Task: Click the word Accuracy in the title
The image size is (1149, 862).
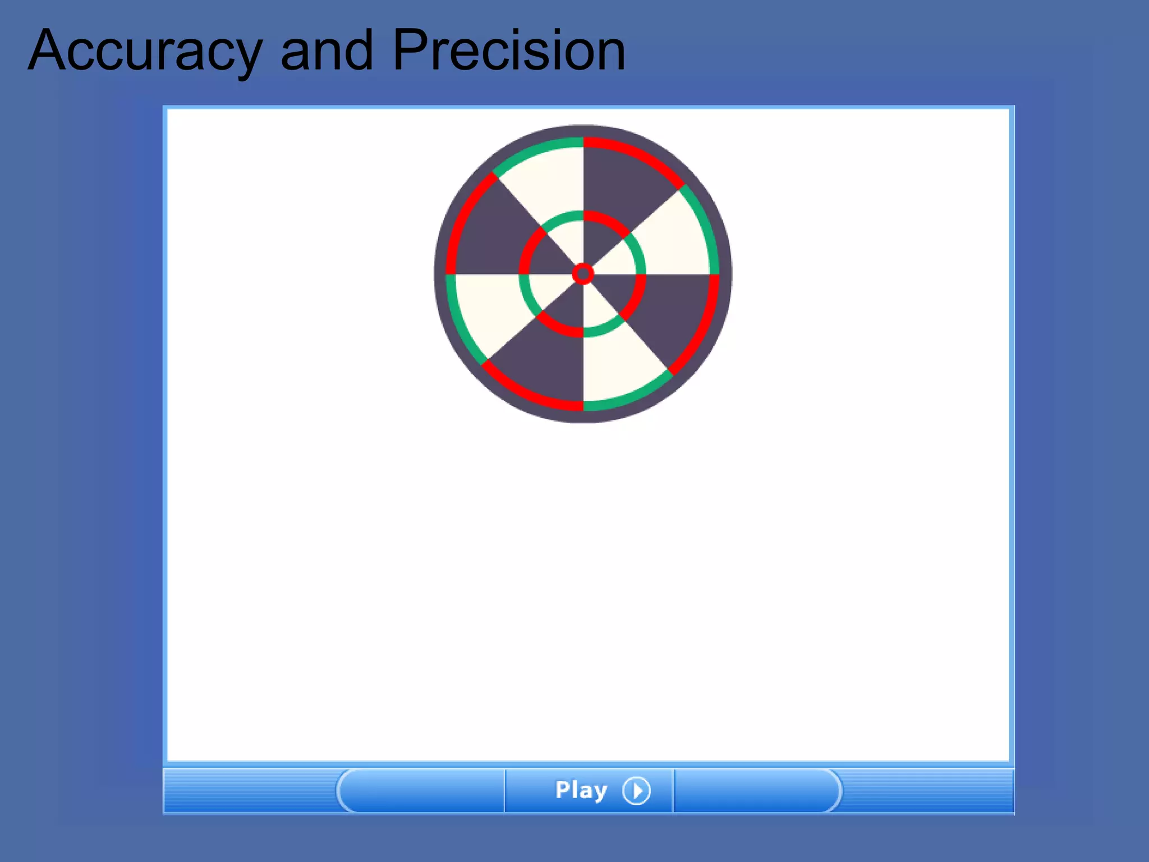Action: coord(145,52)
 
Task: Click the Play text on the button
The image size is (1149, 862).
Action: coord(581,790)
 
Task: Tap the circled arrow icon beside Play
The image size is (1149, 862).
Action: coord(636,791)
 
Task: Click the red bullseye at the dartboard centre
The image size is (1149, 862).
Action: coord(583,274)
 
